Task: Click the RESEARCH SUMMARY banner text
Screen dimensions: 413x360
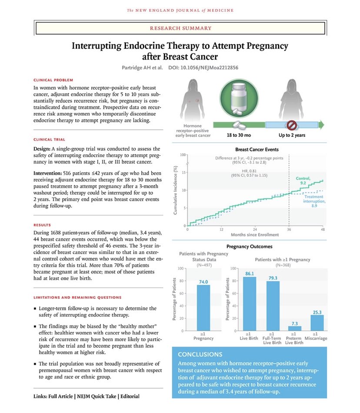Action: [x=180, y=28]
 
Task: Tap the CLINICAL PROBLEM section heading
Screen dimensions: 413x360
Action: [x=53, y=80]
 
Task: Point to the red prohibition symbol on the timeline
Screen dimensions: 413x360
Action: [x=292, y=124]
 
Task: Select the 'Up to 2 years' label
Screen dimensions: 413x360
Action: [x=292, y=135]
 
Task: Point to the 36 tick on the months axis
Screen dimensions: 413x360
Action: [x=289, y=229]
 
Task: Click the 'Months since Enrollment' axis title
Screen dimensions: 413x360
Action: [x=255, y=235]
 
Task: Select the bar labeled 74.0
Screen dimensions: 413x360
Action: [x=203, y=308]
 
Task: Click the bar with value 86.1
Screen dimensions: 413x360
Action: [x=249, y=304]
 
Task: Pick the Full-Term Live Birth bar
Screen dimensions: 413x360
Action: [x=273, y=306]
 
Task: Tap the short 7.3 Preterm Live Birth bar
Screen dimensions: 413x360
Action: [x=295, y=328]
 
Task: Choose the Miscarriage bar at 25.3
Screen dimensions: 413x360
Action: [x=317, y=322]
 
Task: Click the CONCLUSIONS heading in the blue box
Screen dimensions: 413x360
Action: [x=200, y=354]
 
